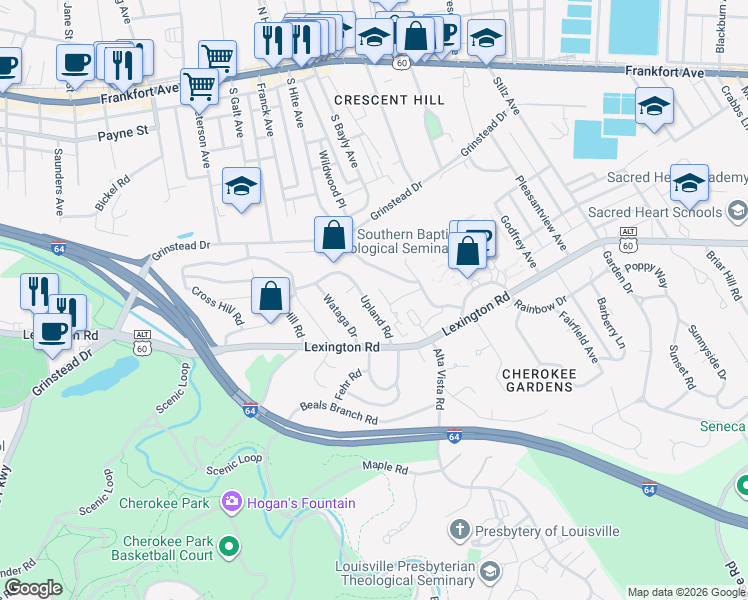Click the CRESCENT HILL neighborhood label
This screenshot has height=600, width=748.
[x=387, y=100]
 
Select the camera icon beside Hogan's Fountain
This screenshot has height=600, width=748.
[x=232, y=500]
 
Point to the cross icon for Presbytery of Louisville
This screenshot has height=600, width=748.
[x=459, y=529]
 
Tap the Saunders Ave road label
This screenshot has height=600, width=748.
[x=58, y=182]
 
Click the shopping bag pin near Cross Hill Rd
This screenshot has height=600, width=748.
[x=270, y=296]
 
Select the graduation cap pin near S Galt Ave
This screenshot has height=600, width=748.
[x=241, y=186]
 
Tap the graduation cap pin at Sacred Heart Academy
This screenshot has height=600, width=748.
[x=689, y=183]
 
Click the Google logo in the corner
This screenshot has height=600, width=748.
[x=34, y=589]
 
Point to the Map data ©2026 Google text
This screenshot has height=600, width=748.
[x=686, y=592]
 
